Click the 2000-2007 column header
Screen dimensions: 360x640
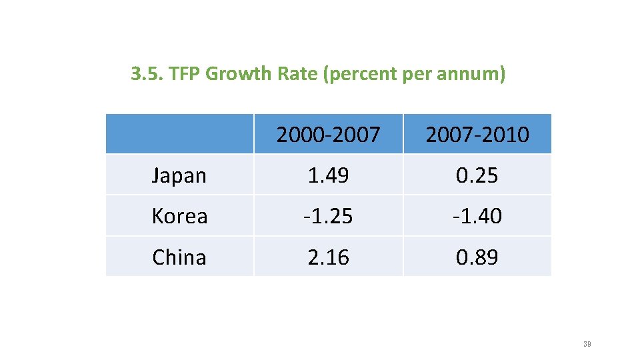pos(328,135)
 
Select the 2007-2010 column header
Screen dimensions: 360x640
pos(477,135)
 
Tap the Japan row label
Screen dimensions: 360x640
pos(179,175)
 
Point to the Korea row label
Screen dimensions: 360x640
pos(179,216)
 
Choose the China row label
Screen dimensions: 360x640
pos(179,257)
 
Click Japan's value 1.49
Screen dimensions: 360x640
pos(328,175)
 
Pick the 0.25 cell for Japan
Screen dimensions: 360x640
pos(477,175)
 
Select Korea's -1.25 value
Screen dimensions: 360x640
pos(328,216)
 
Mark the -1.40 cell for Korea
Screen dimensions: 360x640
pos(477,216)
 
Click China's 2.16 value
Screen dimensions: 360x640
pos(328,257)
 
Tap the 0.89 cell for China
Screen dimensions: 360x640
pos(477,257)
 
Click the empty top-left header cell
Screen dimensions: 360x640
pos(179,134)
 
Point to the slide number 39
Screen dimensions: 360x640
pos(587,344)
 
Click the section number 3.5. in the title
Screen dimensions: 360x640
pos(147,74)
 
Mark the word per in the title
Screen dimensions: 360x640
pos(418,74)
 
